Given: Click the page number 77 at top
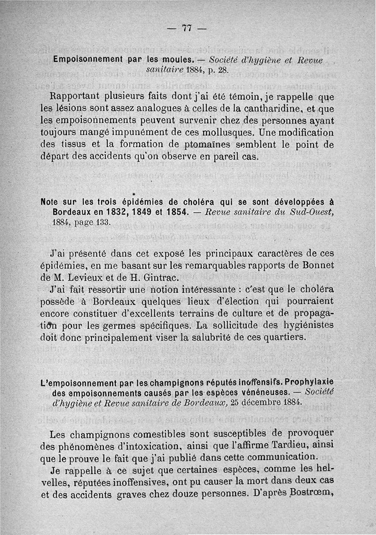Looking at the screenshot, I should tap(187, 28).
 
